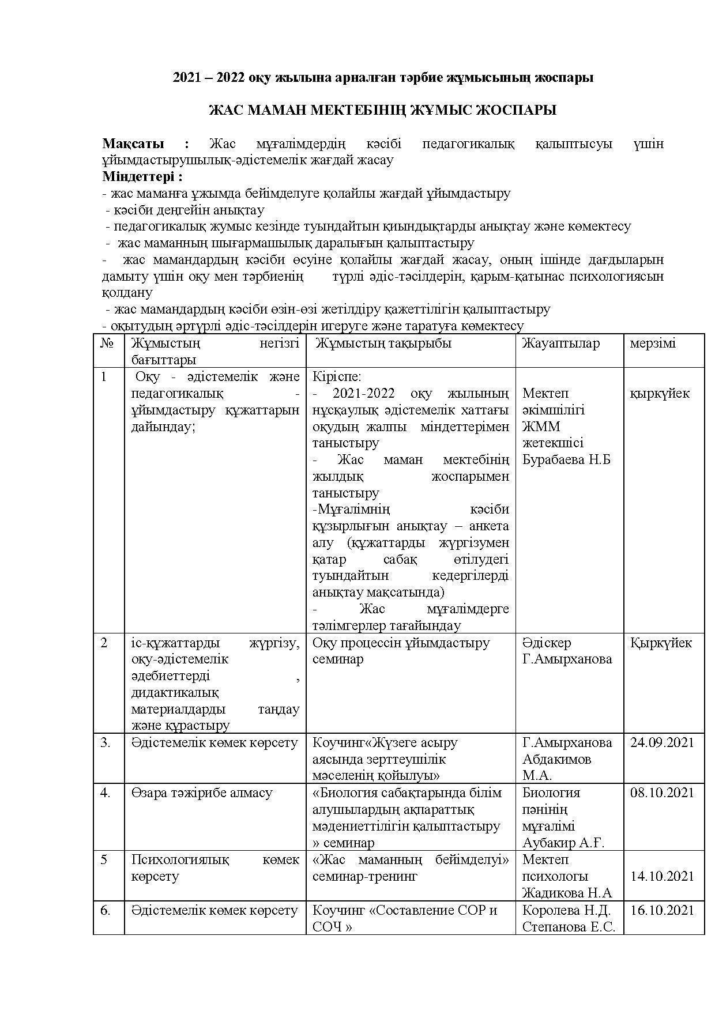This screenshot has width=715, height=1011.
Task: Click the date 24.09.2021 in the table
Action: point(662,742)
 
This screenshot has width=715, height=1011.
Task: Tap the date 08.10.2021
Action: point(662,793)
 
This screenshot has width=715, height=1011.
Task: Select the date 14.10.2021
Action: point(662,876)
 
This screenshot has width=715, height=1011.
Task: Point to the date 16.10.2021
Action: point(662,910)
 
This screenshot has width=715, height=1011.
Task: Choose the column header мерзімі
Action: point(653,343)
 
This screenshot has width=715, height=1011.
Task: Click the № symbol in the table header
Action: point(107,343)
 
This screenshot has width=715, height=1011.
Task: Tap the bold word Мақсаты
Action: point(133,144)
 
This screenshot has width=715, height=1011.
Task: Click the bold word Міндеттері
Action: point(142,176)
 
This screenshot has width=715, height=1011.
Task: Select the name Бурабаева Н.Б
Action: point(566,459)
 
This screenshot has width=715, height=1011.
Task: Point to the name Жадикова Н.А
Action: point(566,893)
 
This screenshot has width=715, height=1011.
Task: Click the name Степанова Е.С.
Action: point(569,927)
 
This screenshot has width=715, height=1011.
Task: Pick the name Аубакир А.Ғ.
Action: point(563,843)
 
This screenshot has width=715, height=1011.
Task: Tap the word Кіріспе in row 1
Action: point(336,376)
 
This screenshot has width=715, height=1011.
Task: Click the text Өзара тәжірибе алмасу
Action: point(202,793)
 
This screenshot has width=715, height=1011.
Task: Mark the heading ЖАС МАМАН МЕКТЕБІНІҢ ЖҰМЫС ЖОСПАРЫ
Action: point(382,110)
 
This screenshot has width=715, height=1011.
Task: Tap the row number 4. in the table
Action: point(105,793)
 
